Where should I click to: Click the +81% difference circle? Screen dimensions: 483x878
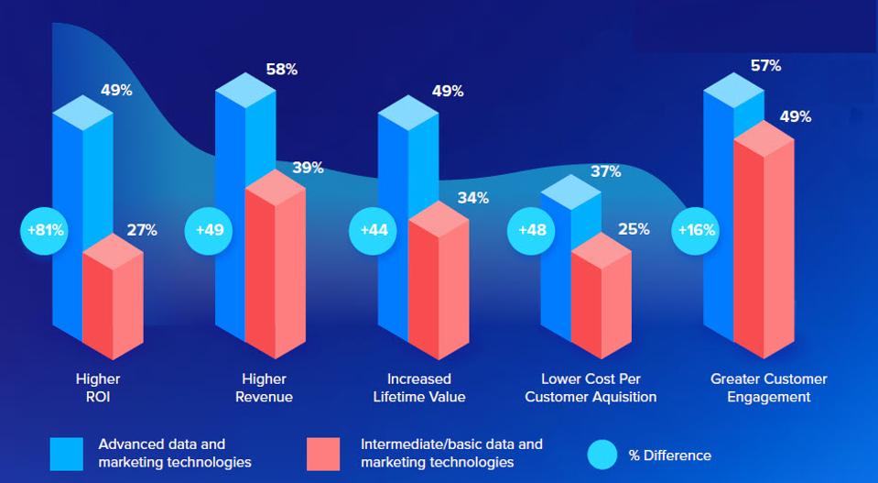click(x=45, y=230)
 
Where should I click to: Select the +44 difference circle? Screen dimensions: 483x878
click(x=374, y=230)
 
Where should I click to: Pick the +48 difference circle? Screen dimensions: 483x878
click(x=532, y=230)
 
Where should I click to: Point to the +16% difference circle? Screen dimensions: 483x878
click(x=697, y=230)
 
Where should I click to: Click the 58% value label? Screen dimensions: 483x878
click(x=281, y=70)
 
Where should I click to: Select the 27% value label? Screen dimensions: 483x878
click(x=142, y=230)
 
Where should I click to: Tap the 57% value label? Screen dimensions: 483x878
click(x=765, y=66)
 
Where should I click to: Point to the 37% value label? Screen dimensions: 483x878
click(x=605, y=171)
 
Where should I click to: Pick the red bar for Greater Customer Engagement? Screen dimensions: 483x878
click(x=763, y=247)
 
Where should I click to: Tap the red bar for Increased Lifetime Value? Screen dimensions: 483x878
click(x=438, y=284)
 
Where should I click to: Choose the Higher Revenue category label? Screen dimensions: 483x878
click(x=264, y=388)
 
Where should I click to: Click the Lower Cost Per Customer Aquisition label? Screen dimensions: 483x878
click(x=599, y=388)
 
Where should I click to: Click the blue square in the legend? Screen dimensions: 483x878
click(x=67, y=454)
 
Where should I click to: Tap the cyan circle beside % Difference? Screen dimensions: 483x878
click(x=602, y=455)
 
